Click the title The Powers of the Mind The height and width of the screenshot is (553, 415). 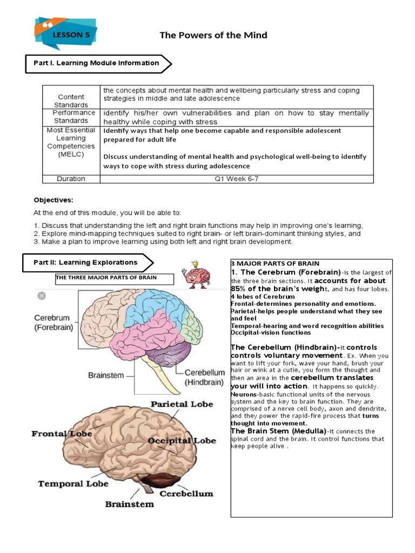tap(213, 35)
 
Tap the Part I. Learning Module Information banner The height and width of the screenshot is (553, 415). tap(97, 63)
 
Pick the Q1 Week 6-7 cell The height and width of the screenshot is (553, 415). tap(236, 178)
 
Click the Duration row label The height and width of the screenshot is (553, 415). tap(71, 178)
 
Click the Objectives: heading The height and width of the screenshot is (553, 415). tap(53, 200)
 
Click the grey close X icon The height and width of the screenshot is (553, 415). tap(42, 296)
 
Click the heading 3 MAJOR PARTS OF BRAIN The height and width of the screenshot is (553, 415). tap(275, 264)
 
